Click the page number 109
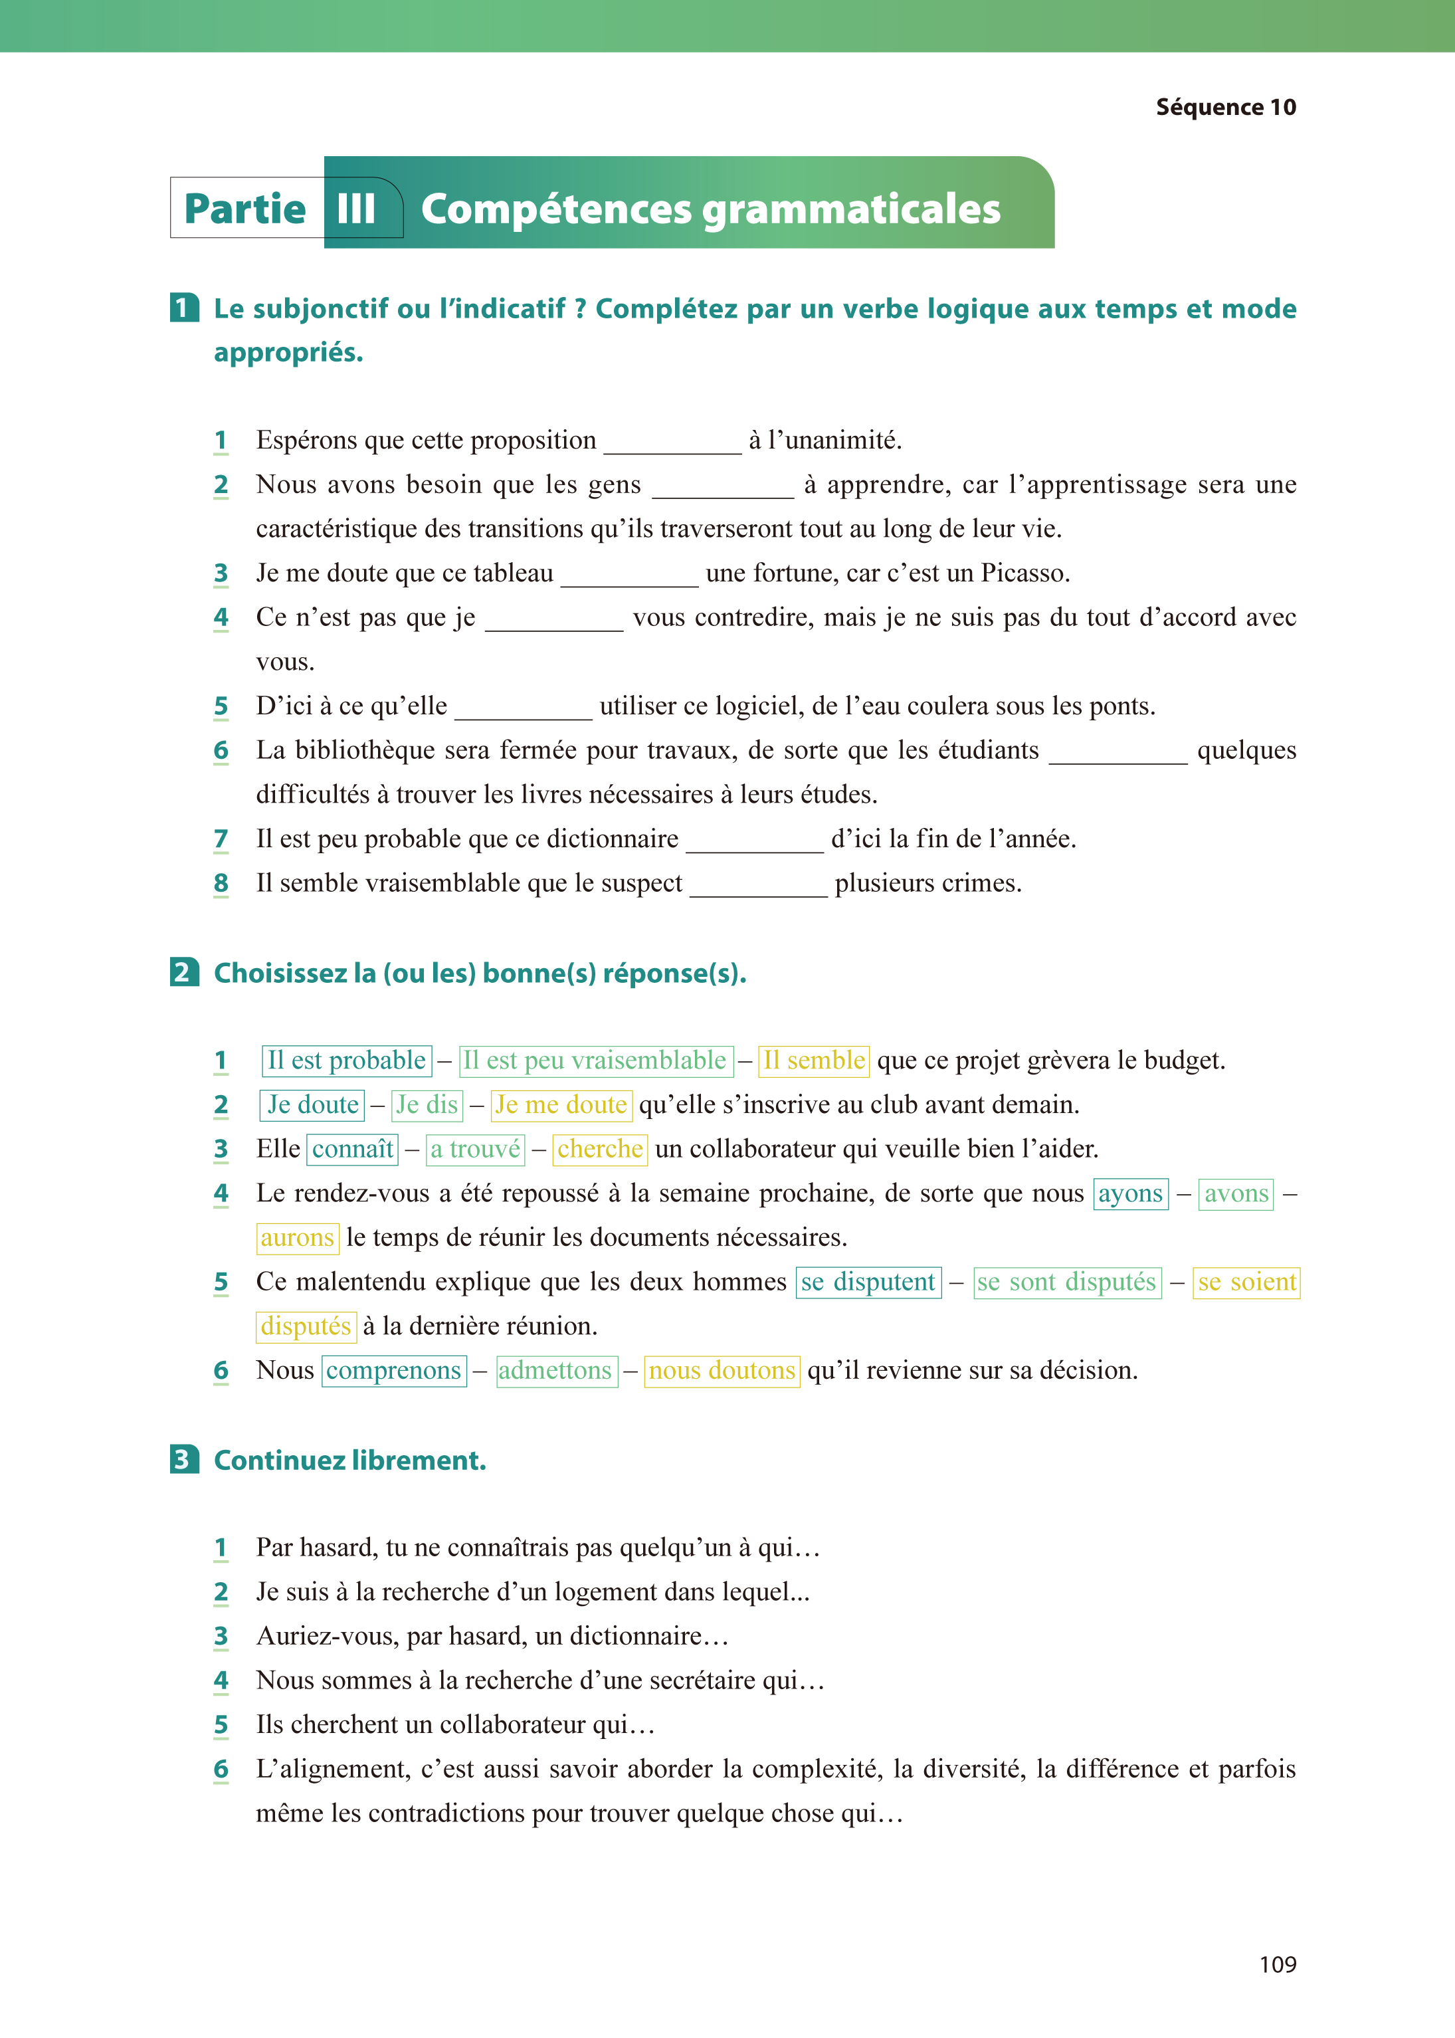coord(1277,1964)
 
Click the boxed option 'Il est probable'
coord(347,1061)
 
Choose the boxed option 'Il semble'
coord(813,1061)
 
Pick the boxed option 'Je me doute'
coord(561,1104)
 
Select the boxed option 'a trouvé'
coord(475,1150)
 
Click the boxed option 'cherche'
coord(599,1150)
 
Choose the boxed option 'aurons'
coord(298,1238)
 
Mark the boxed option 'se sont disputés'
coord(1066,1282)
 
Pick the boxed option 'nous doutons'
coord(722,1371)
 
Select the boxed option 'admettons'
coord(555,1371)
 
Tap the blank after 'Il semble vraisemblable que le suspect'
coord(758,886)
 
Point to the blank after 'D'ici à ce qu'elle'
coord(524,708)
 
